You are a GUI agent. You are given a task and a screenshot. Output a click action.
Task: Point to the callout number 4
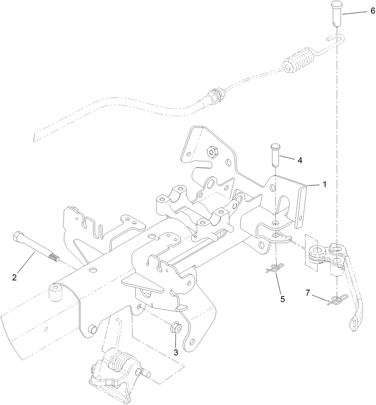coord(299,160)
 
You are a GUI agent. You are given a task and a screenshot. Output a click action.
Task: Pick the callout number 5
coord(282,299)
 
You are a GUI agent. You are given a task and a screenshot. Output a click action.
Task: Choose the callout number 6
coord(373,12)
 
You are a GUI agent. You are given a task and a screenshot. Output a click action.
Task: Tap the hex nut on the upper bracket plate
coord(211,152)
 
